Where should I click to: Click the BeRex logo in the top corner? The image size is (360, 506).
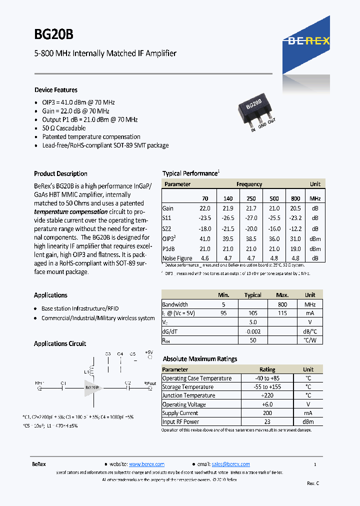point(308,41)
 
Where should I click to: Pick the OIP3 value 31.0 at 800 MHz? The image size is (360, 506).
point(295,239)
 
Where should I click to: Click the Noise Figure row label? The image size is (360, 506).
point(177,258)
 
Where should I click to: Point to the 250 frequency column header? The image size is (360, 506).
point(251,198)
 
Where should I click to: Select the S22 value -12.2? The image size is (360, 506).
point(295,228)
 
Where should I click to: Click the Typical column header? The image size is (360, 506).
point(252,295)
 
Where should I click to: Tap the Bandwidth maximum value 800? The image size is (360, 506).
point(282,304)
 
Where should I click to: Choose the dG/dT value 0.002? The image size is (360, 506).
point(253,331)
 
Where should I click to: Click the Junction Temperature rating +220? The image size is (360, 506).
point(267,395)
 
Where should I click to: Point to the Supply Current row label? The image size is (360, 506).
point(180,413)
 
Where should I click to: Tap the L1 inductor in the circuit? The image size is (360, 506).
point(91,371)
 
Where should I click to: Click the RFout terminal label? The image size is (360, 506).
point(150,383)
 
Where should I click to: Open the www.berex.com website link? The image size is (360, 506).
point(146,464)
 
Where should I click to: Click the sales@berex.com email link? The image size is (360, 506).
point(230,464)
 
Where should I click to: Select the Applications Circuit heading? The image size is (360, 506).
point(59,344)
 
